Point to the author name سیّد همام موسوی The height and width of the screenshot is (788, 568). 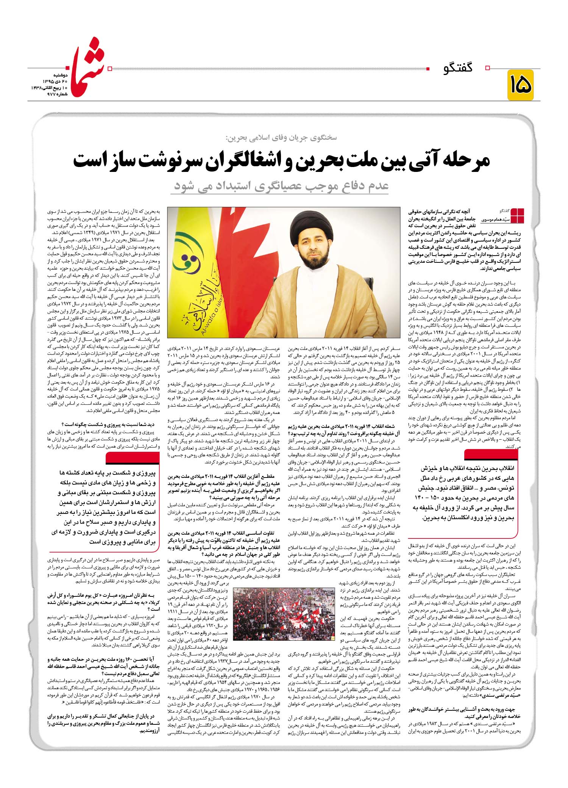coord(496,220)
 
